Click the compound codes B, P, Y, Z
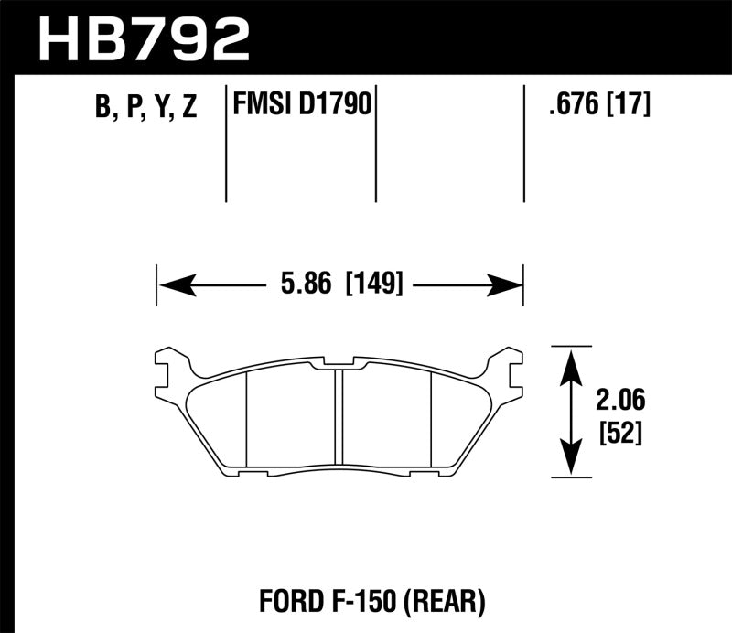pos(145,107)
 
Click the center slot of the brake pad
pos(338,416)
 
